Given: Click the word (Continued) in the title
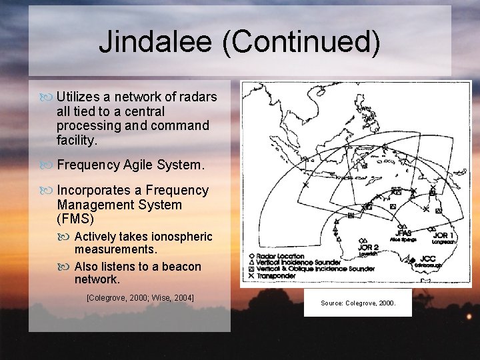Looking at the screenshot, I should (301, 42).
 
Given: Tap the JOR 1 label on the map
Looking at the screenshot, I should (445, 235).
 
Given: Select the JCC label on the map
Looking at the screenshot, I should (428, 259).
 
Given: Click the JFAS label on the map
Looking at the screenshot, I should (403, 233).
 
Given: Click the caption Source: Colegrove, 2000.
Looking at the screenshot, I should (358, 303).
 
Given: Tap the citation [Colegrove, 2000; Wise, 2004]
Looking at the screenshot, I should (140, 297).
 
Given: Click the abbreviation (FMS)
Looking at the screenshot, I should (75, 219).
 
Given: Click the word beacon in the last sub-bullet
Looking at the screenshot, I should (178, 267).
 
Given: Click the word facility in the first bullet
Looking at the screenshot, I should (76, 140).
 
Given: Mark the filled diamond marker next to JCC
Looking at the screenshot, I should (413, 259).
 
